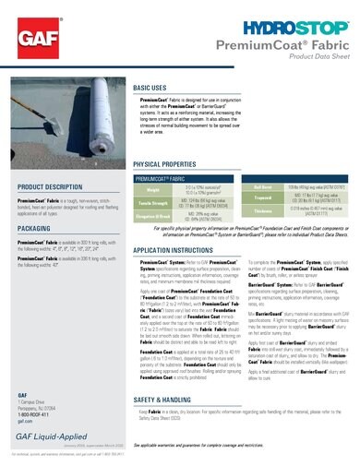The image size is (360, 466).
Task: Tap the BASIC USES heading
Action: (x=150, y=86)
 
